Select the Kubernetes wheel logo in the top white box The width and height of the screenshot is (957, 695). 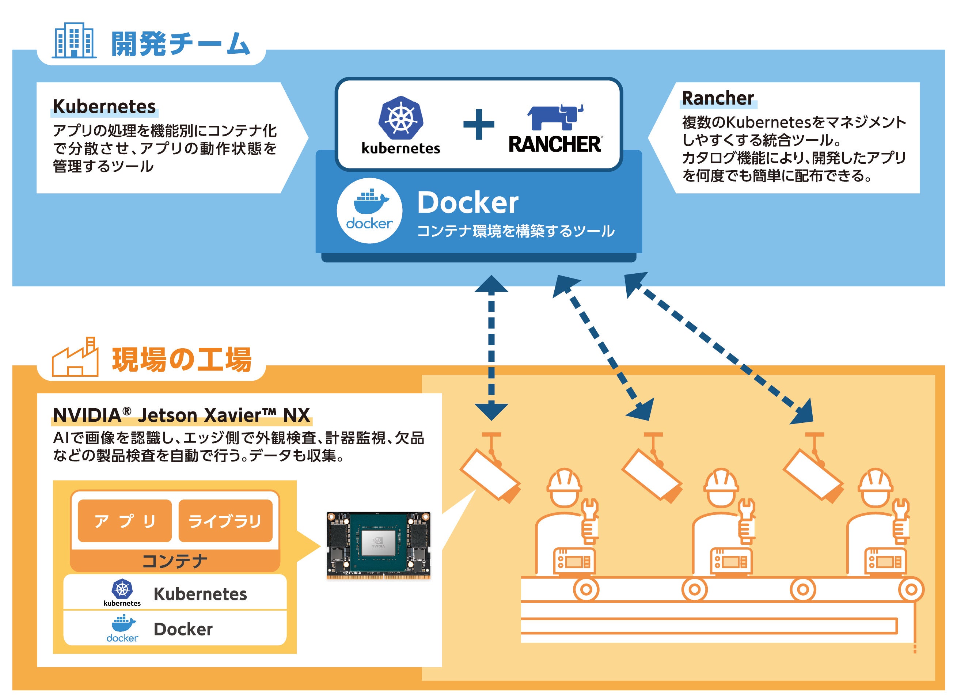point(400,118)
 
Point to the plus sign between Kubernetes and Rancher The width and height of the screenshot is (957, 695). point(479,124)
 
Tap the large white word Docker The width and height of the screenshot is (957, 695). point(467,203)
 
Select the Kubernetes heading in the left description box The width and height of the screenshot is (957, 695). point(104,107)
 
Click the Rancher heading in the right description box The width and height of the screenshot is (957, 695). point(718,98)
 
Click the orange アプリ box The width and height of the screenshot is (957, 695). point(125,521)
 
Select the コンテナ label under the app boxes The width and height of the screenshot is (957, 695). point(175,561)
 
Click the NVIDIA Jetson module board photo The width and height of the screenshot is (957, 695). point(378,545)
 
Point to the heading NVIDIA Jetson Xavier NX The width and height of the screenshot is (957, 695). point(182,415)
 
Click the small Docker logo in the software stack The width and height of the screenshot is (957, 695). point(122,629)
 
